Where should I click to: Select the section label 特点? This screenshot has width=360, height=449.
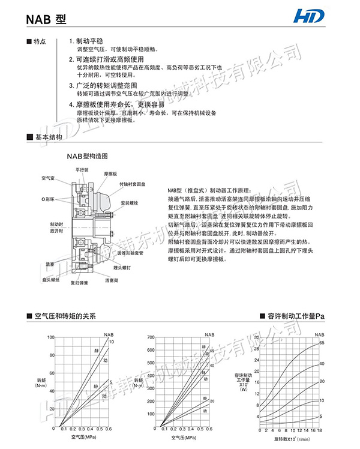pyautogui.click(x=40, y=43)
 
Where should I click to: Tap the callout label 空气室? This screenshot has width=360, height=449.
pyautogui.click(x=48, y=178)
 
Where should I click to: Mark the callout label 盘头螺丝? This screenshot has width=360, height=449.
pyautogui.click(x=50, y=279)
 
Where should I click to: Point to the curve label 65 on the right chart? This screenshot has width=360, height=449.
pyautogui.click(x=322, y=342)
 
